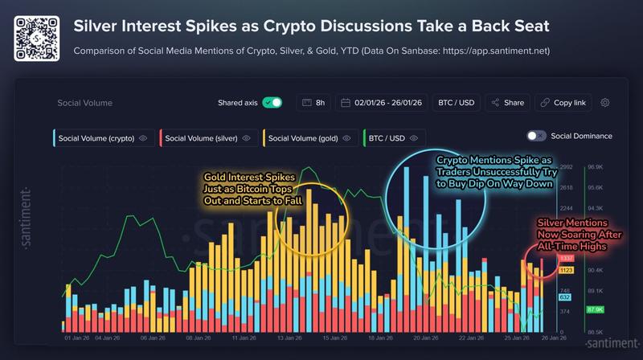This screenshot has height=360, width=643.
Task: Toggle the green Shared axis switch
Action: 272,103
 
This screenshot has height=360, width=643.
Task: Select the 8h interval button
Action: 313,103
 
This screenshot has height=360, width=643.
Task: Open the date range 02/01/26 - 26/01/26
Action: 378,103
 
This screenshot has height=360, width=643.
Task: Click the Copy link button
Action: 563,103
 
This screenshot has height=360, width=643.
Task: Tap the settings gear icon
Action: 605,103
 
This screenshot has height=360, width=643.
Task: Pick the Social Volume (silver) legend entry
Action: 209,138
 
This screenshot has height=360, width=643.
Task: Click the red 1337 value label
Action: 566,259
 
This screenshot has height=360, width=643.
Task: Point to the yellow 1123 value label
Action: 566,270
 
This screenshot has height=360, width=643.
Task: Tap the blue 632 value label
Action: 565,297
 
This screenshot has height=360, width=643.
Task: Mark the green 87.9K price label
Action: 596,309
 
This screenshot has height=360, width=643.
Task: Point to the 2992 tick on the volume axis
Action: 566,166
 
